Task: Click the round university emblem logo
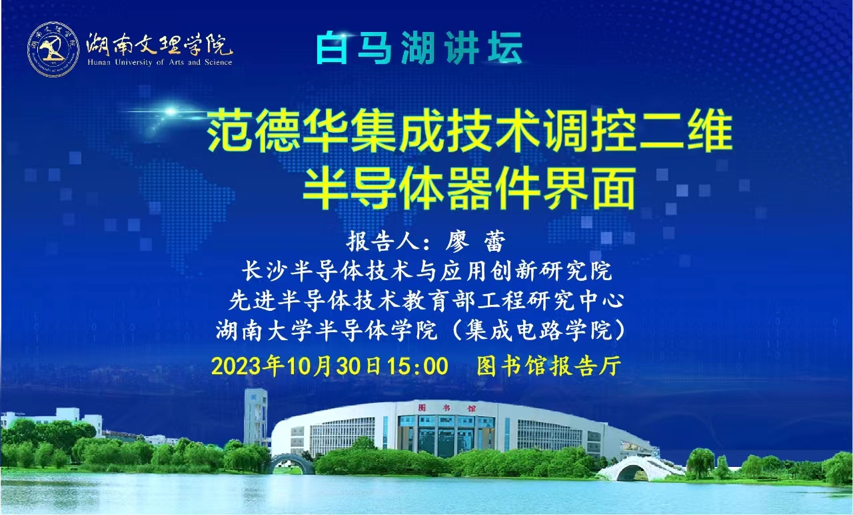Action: coord(53,49)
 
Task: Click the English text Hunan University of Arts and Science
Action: coord(160,62)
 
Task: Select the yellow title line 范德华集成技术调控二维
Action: coord(470,131)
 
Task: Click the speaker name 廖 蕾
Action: coord(476,241)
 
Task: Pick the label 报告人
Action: coord(381,241)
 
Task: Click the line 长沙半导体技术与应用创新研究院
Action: coord(427,271)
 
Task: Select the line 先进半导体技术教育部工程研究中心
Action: coord(426,301)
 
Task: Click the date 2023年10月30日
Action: coord(297,366)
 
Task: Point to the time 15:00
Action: coord(418,366)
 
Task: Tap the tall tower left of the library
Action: coord(255,417)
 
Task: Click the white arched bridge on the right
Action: coord(639,468)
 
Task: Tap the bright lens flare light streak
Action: coord(171,111)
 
